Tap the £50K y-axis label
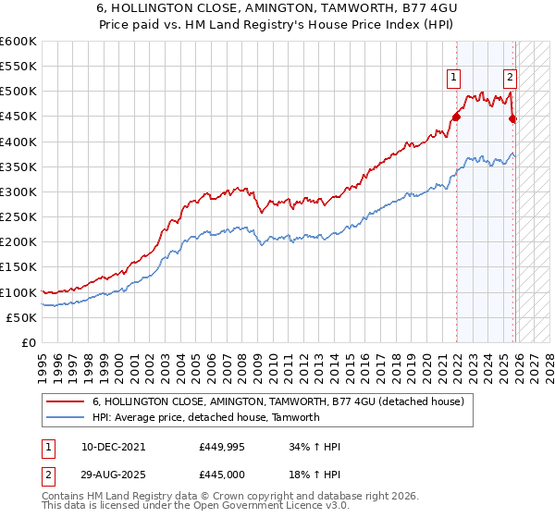click(22, 317)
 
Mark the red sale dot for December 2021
click(456, 117)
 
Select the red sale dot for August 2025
click(513, 117)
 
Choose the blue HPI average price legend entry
click(205, 417)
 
